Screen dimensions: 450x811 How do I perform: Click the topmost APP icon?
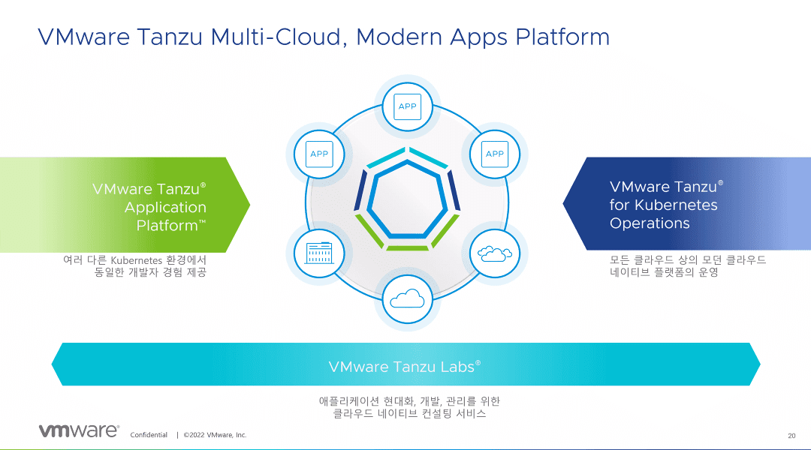pos(407,106)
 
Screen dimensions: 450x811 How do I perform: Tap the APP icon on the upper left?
pos(320,154)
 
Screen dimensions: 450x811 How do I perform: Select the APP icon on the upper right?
pos(494,154)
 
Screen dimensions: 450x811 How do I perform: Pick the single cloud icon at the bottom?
pos(407,299)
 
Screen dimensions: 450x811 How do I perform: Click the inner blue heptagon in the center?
pos(408,202)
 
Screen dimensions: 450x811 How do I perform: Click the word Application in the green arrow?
pos(165,207)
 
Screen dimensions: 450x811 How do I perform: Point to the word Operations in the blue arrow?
pos(650,223)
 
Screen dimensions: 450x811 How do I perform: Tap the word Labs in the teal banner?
pos(458,367)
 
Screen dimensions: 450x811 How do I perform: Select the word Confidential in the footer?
pos(149,435)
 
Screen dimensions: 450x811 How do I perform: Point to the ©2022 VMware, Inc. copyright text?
pos(215,435)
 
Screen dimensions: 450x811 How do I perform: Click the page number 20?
pos(791,436)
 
